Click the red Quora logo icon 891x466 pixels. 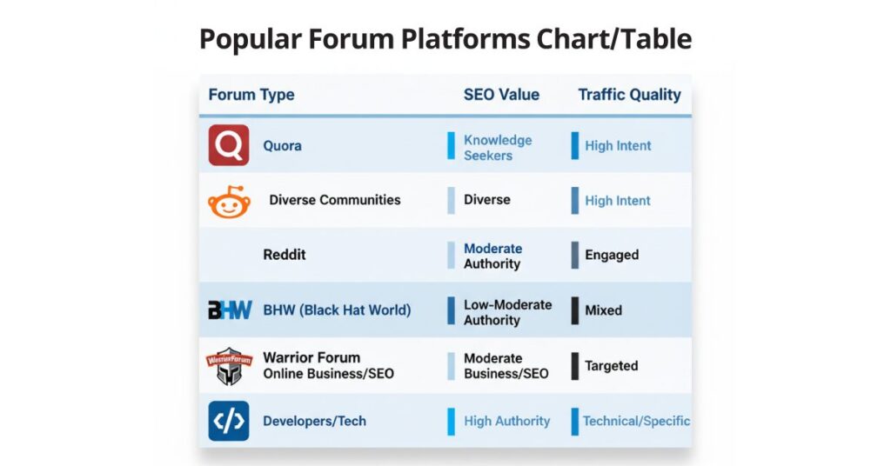tap(229, 145)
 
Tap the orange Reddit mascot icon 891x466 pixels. tap(229, 203)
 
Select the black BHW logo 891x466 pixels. tap(230, 310)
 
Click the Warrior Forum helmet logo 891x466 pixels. tap(229, 366)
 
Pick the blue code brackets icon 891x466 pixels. tap(229, 421)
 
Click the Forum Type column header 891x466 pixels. tap(251, 95)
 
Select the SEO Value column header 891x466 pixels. tap(501, 95)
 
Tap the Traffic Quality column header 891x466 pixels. tap(629, 95)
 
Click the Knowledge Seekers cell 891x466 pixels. tap(497, 148)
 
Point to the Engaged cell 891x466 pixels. tap(612, 255)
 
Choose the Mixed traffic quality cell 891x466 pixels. tap(603, 310)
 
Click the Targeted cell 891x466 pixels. tap(611, 366)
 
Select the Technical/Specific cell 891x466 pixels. tap(636, 421)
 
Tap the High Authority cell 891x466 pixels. tap(506, 421)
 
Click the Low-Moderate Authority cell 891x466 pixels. tap(507, 312)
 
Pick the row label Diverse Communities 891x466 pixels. tap(335, 200)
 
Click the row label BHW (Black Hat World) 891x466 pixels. tap(337, 310)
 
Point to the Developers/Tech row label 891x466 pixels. tap(314, 421)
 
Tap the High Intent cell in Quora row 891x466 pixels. tap(618, 146)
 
